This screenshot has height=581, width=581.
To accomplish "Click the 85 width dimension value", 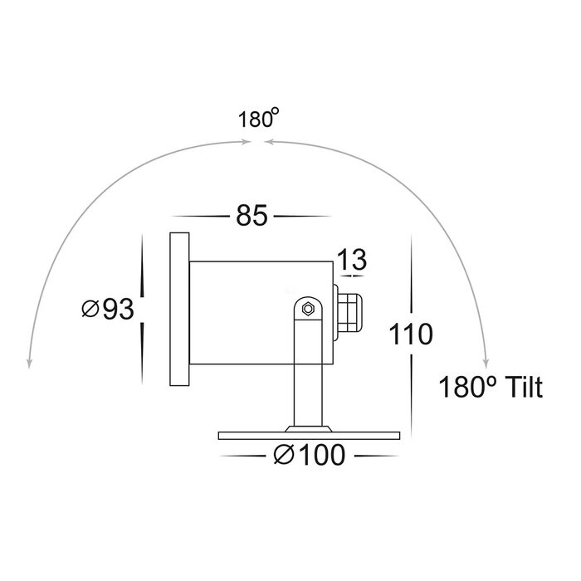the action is click(251, 216).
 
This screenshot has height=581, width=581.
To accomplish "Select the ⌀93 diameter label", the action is click(108, 309).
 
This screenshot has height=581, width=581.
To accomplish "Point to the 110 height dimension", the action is click(411, 334).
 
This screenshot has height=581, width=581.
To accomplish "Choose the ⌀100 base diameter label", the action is click(310, 455).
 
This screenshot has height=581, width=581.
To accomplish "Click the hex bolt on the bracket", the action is click(308, 309).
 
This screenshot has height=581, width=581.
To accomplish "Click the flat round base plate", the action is click(309, 436).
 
